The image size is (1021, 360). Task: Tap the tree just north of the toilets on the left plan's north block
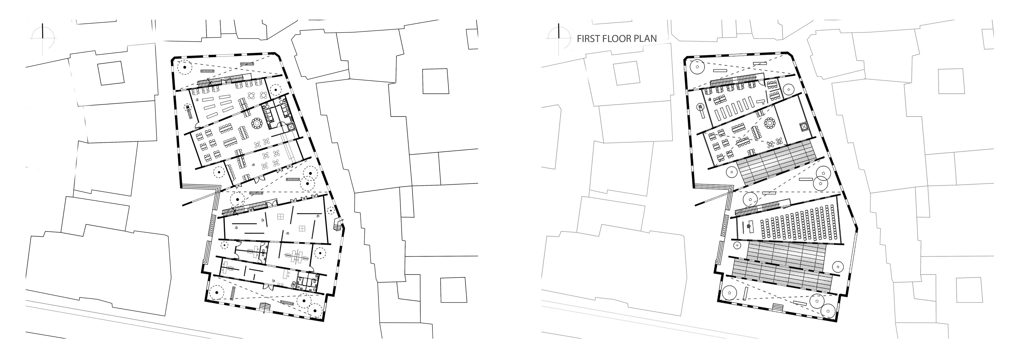(x=275, y=90)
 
